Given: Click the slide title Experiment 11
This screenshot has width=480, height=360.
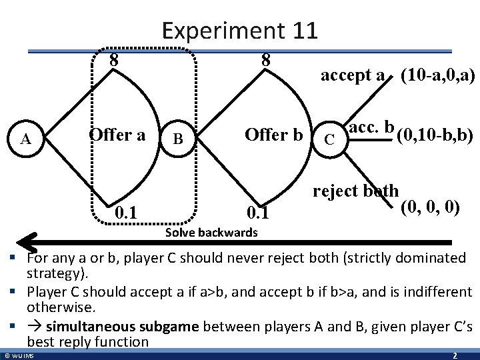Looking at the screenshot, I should (239, 30).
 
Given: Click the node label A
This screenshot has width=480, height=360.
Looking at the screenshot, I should (26, 139).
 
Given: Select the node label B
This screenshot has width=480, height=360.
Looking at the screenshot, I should (177, 139).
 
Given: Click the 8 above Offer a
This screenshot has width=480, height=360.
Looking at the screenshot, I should (114, 60).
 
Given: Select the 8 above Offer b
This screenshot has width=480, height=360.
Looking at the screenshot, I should (265, 60).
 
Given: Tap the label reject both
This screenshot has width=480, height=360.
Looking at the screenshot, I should (356, 190).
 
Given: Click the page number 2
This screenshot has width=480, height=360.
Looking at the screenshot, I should (454, 355).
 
